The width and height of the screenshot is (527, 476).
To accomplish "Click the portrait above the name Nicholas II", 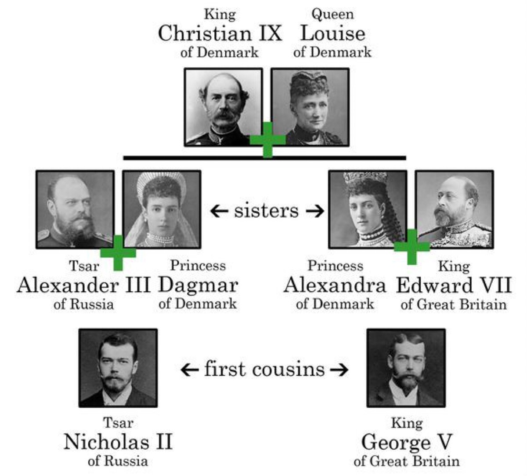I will point(118,368).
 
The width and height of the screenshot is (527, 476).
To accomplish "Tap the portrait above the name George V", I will point(406,368).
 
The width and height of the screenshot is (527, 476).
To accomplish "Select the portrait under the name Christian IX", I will point(223,107).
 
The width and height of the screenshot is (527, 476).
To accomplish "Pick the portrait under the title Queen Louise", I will point(310,107).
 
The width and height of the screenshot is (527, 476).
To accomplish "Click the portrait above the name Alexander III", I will point(75,209).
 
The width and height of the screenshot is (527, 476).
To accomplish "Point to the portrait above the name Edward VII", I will point(454,209).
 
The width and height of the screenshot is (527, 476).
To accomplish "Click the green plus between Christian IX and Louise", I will point(267,139).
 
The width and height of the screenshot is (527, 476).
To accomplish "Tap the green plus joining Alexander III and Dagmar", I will point(118,253).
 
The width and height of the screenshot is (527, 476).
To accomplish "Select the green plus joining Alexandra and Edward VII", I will point(411,247).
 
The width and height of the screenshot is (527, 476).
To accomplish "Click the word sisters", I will point(266,211).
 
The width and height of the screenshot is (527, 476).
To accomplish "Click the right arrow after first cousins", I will point(339,370).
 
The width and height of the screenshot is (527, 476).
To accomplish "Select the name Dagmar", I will point(198,285).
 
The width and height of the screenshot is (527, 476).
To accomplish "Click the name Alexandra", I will point(335,285).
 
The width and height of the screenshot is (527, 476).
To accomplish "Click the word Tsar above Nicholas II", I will point(118,423).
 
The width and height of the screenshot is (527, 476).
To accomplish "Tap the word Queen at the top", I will point(332,14).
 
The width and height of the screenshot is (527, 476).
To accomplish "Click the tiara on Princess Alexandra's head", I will point(366,179).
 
